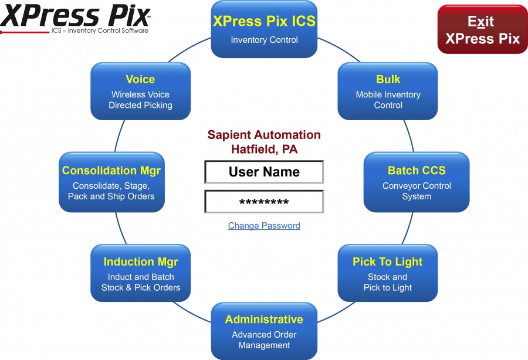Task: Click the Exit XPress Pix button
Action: pos(482,30)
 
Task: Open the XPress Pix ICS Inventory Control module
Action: pos(264,29)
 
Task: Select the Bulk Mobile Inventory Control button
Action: pos(388,91)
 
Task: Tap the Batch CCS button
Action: pos(417,182)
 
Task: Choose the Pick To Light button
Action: pos(388,273)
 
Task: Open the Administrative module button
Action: pos(264,331)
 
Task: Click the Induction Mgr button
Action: pos(141,273)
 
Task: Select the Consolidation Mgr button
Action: pos(111,182)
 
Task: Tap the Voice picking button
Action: pos(141,91)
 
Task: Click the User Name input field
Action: pos(264,172)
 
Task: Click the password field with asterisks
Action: pos(264,202)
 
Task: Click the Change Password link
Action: pos(264,226)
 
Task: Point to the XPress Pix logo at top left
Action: pos(75,15)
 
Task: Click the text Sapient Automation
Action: pos(264,135)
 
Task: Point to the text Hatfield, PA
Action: pos(264,149)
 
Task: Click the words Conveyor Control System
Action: pos(417,191)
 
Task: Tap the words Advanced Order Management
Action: pos(264,340)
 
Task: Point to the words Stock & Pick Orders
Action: pos(141,288)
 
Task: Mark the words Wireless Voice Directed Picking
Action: pos(141,100)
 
